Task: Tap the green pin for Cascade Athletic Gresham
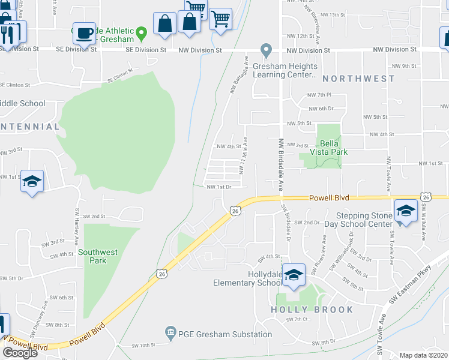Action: coord(141,31)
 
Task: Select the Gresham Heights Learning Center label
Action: coord(285,70)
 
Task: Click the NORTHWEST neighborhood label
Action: coord(358,79)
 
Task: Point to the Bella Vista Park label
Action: coord(334,148)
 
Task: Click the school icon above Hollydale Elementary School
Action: coord(294,275)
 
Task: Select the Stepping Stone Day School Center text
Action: coord(364,220)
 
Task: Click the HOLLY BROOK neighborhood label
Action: coord(312,310)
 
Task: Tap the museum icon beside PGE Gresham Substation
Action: coord(170,331)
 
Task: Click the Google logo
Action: coord(20,352)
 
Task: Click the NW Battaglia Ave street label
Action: coord(238,75)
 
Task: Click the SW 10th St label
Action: coord(143,345)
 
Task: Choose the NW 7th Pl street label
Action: coord(319,95)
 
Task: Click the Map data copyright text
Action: coord(424,355)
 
